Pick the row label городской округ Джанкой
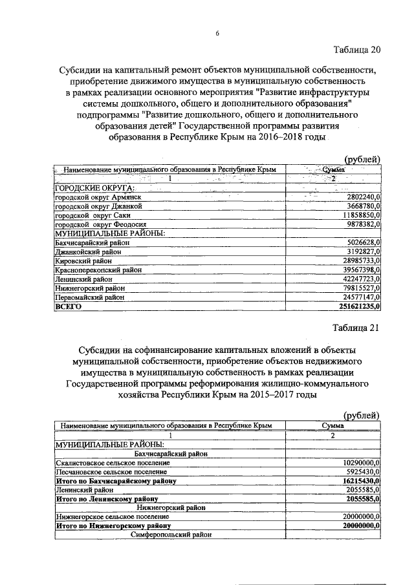click(x=98, y=206)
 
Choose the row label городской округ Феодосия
click(x=101, y=224)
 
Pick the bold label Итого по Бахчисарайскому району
click(x=116, y=481)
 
